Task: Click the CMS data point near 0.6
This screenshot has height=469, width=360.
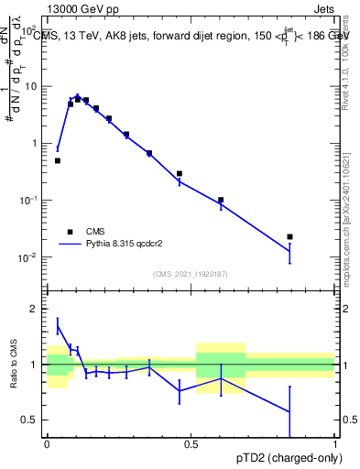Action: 221,200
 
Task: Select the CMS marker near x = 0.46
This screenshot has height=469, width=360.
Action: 180,173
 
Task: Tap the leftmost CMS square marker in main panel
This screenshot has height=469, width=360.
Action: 58,160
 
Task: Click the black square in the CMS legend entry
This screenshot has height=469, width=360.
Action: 69,232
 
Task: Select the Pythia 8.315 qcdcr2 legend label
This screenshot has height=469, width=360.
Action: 126,245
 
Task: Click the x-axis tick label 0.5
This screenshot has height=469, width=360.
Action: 191,444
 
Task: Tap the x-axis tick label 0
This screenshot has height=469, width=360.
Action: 47,444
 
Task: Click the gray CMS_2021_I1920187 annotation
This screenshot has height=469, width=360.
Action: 191,273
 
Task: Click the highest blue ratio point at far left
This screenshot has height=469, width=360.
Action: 58,324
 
